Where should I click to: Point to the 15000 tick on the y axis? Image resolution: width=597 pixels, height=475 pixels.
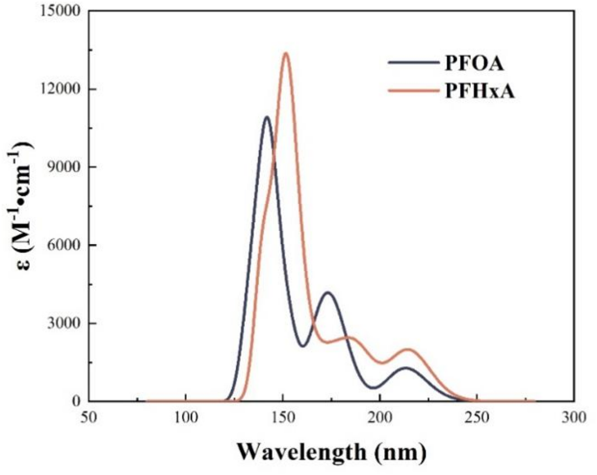click(x=58, y=11)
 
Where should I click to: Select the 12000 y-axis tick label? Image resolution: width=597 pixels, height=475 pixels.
click(x=58, y=89)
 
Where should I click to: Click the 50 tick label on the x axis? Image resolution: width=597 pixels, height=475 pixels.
click(x=88, y=417)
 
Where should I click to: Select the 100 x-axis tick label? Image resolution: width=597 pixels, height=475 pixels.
click(x=185, y=417)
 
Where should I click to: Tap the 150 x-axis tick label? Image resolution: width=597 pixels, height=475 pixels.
click(x=282, y=417)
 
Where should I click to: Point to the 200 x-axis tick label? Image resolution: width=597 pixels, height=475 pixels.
click(x=379, y=417)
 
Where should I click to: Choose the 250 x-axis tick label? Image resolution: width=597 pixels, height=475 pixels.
click(x=477, y=417)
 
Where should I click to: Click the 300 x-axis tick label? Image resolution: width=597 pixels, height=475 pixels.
click(x=573, y=417)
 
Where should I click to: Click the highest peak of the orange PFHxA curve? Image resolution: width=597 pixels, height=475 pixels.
click(x=285, y=53)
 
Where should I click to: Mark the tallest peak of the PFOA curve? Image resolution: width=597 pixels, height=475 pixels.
click(x=267, y=117)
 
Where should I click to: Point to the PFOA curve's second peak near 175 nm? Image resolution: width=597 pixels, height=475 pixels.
click(x=328, y=293)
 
